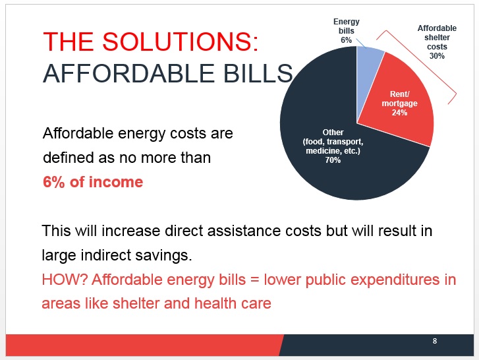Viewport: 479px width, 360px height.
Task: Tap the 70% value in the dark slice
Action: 333,160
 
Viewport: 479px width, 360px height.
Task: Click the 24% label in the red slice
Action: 399,113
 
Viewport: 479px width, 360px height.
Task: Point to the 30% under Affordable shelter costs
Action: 437,56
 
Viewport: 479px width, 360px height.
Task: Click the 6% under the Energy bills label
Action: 347,40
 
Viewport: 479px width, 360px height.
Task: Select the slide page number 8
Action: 435,341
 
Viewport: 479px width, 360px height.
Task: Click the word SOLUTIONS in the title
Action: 180,42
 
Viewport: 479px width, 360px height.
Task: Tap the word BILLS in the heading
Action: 258,73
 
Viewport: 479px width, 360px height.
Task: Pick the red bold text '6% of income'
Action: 93,182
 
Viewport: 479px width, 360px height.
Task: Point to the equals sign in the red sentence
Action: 255,280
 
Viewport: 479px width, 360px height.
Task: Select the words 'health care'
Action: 233,303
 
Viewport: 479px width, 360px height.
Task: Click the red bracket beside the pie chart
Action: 416,67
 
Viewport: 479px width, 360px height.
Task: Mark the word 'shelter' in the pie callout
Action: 437,38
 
